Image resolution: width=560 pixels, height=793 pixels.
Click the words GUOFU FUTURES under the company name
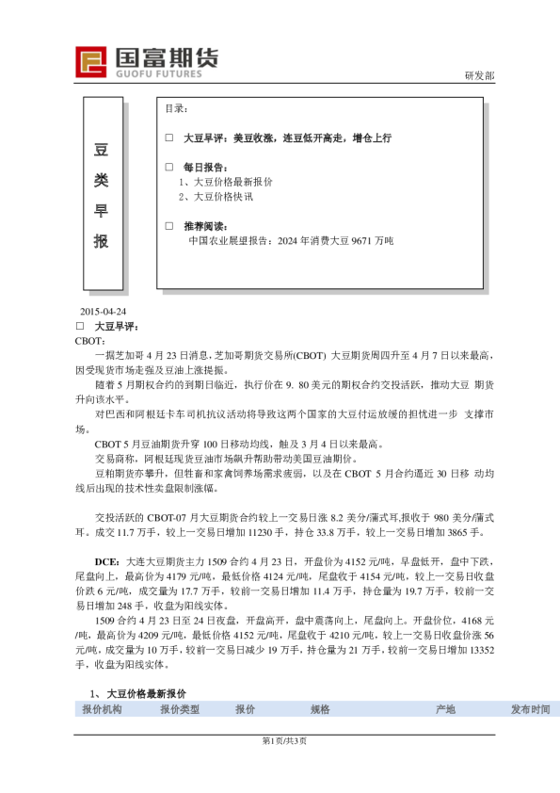[x=165, y=72]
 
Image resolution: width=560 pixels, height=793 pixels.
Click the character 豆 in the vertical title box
[x=102, y=150]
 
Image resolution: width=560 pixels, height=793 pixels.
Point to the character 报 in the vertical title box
[x=102, y=241]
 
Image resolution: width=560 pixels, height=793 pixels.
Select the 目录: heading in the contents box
[x=176, y=109]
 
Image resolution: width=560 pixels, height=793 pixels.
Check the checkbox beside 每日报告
[x=168, y=167]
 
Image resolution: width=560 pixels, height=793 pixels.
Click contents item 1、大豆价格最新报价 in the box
[x=226, y=182]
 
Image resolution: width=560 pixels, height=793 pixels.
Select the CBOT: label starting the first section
[x=91, y=340]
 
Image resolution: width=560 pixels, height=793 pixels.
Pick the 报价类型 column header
[x=180, y=709]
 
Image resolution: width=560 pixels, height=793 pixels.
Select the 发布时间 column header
[x=531, y=709]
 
